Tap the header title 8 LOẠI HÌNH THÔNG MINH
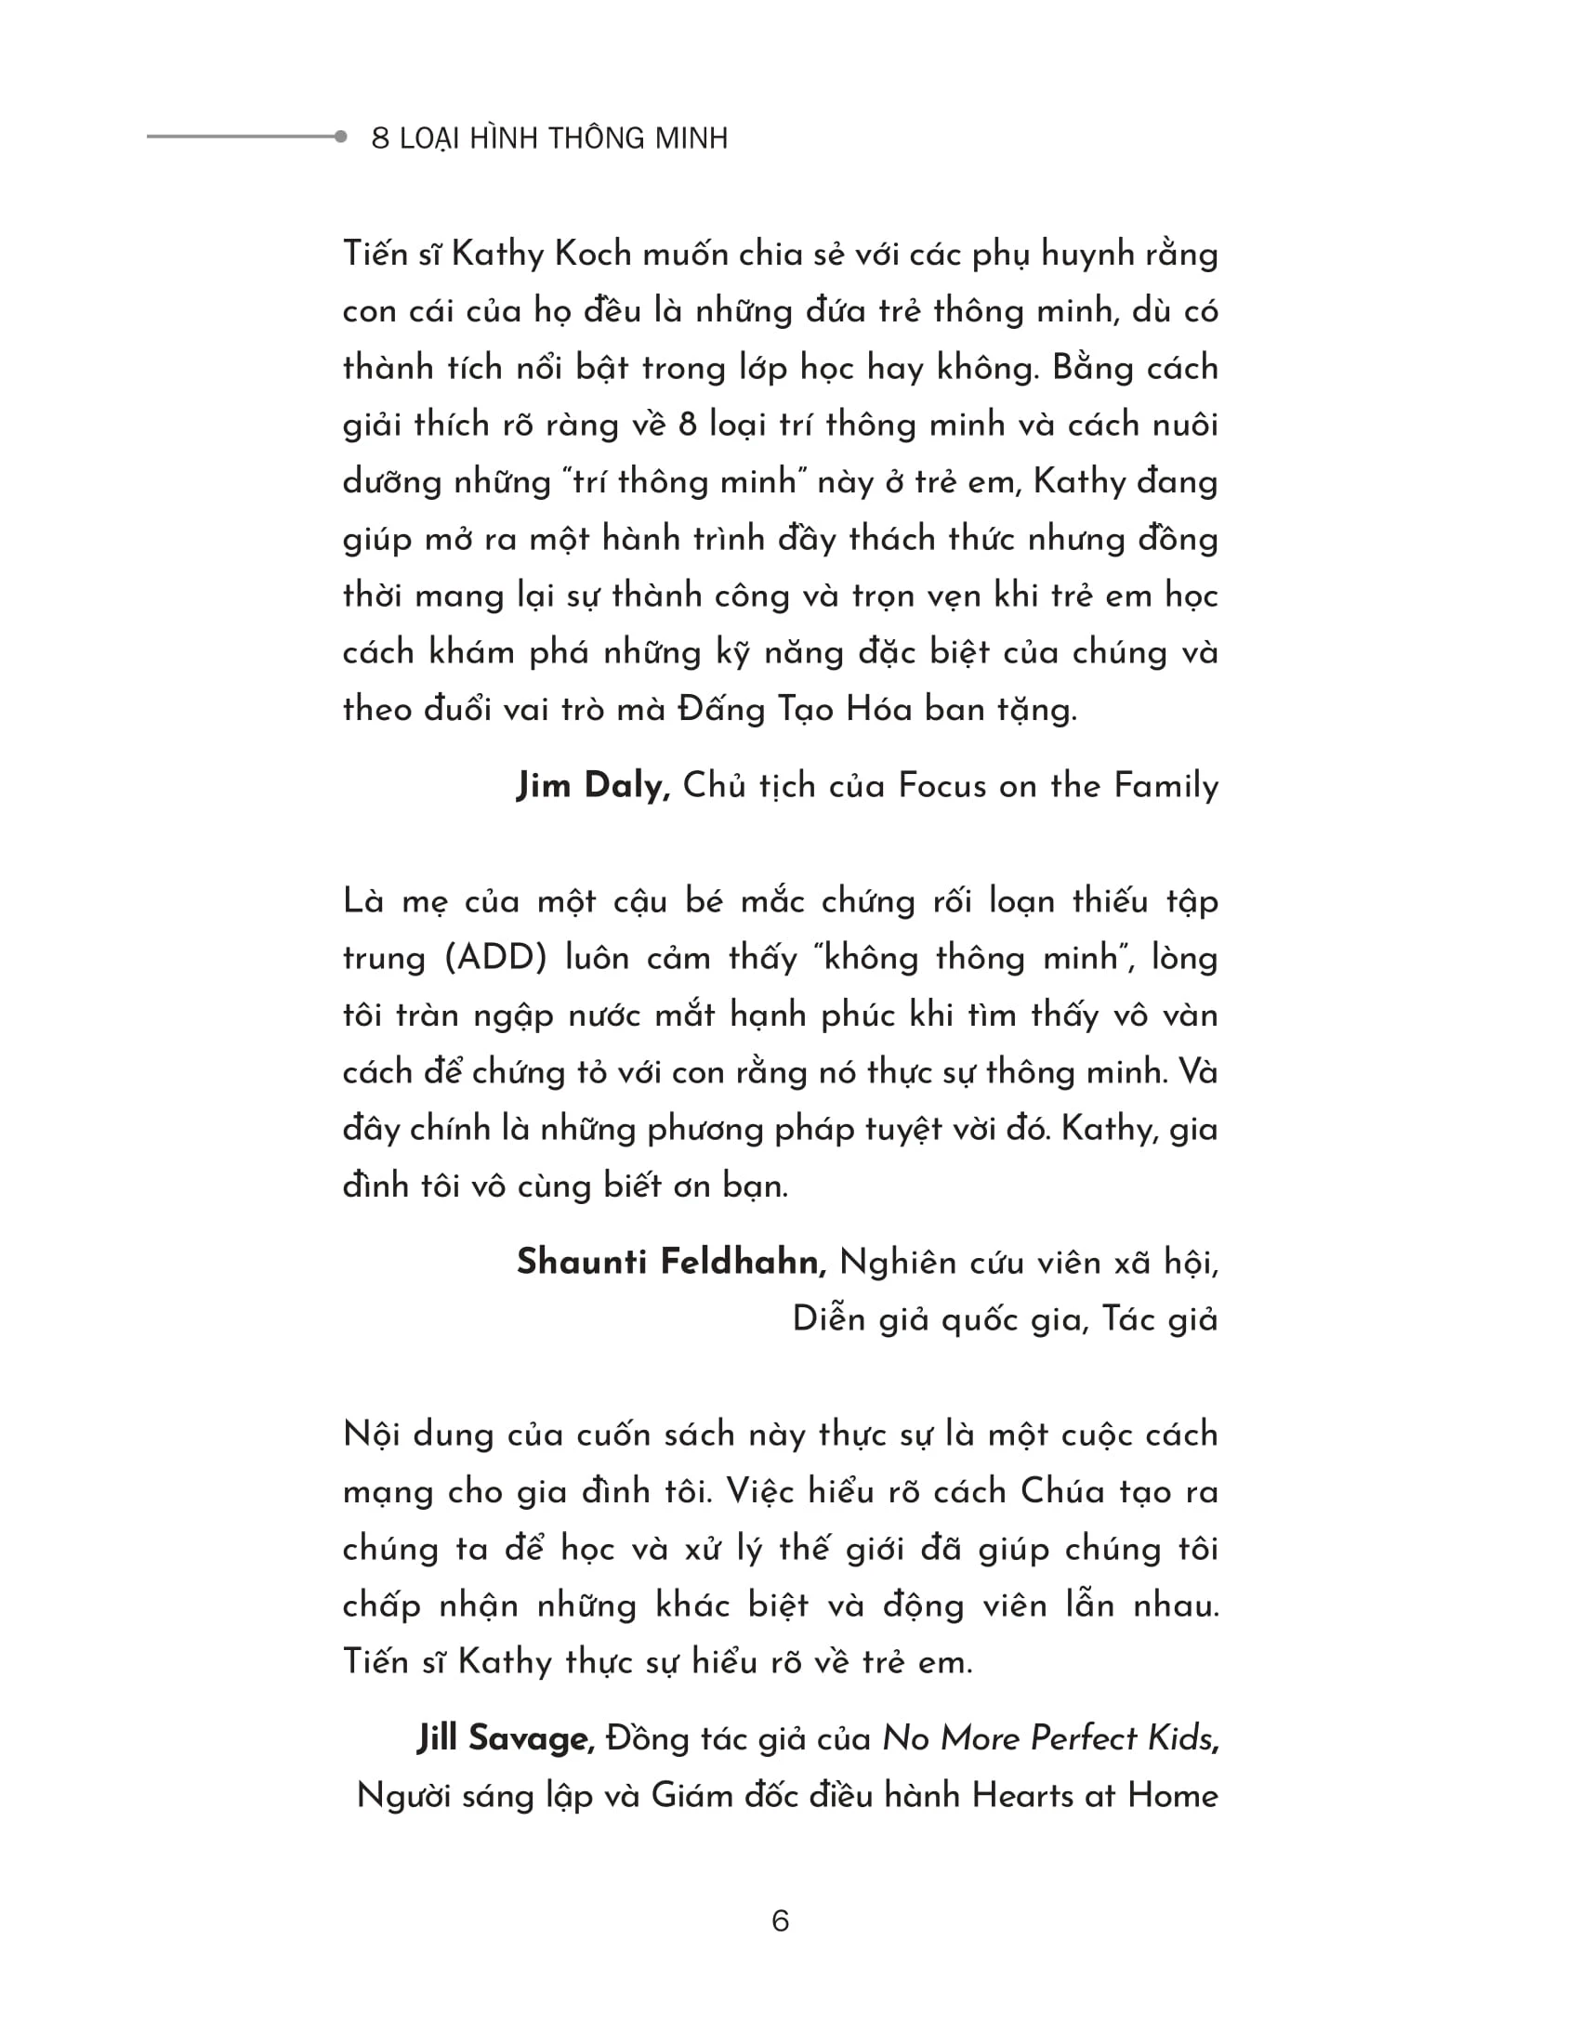(549, 138)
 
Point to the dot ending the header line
(341, 137)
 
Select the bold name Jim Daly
(594, 785)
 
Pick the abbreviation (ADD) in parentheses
(495, 959)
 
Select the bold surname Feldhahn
(744, 1263)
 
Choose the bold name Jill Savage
(507, 1739)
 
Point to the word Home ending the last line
(1173, 1796)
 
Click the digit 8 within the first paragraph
(687, 426)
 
